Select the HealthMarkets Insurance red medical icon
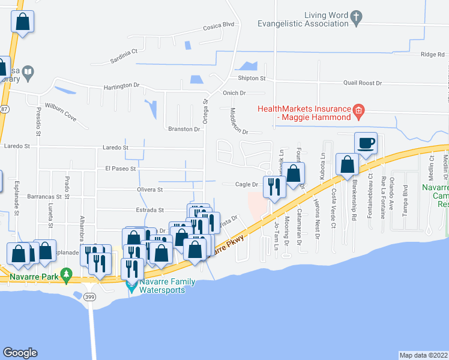[x=358, y=110]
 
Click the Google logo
[x=20, y=353]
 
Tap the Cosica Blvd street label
[x=218, y=25]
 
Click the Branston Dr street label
[x=184, y=129]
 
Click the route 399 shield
[x=91, y=298]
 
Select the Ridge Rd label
[x=433, y=55]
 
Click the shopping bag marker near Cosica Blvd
[x=22, y=22]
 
